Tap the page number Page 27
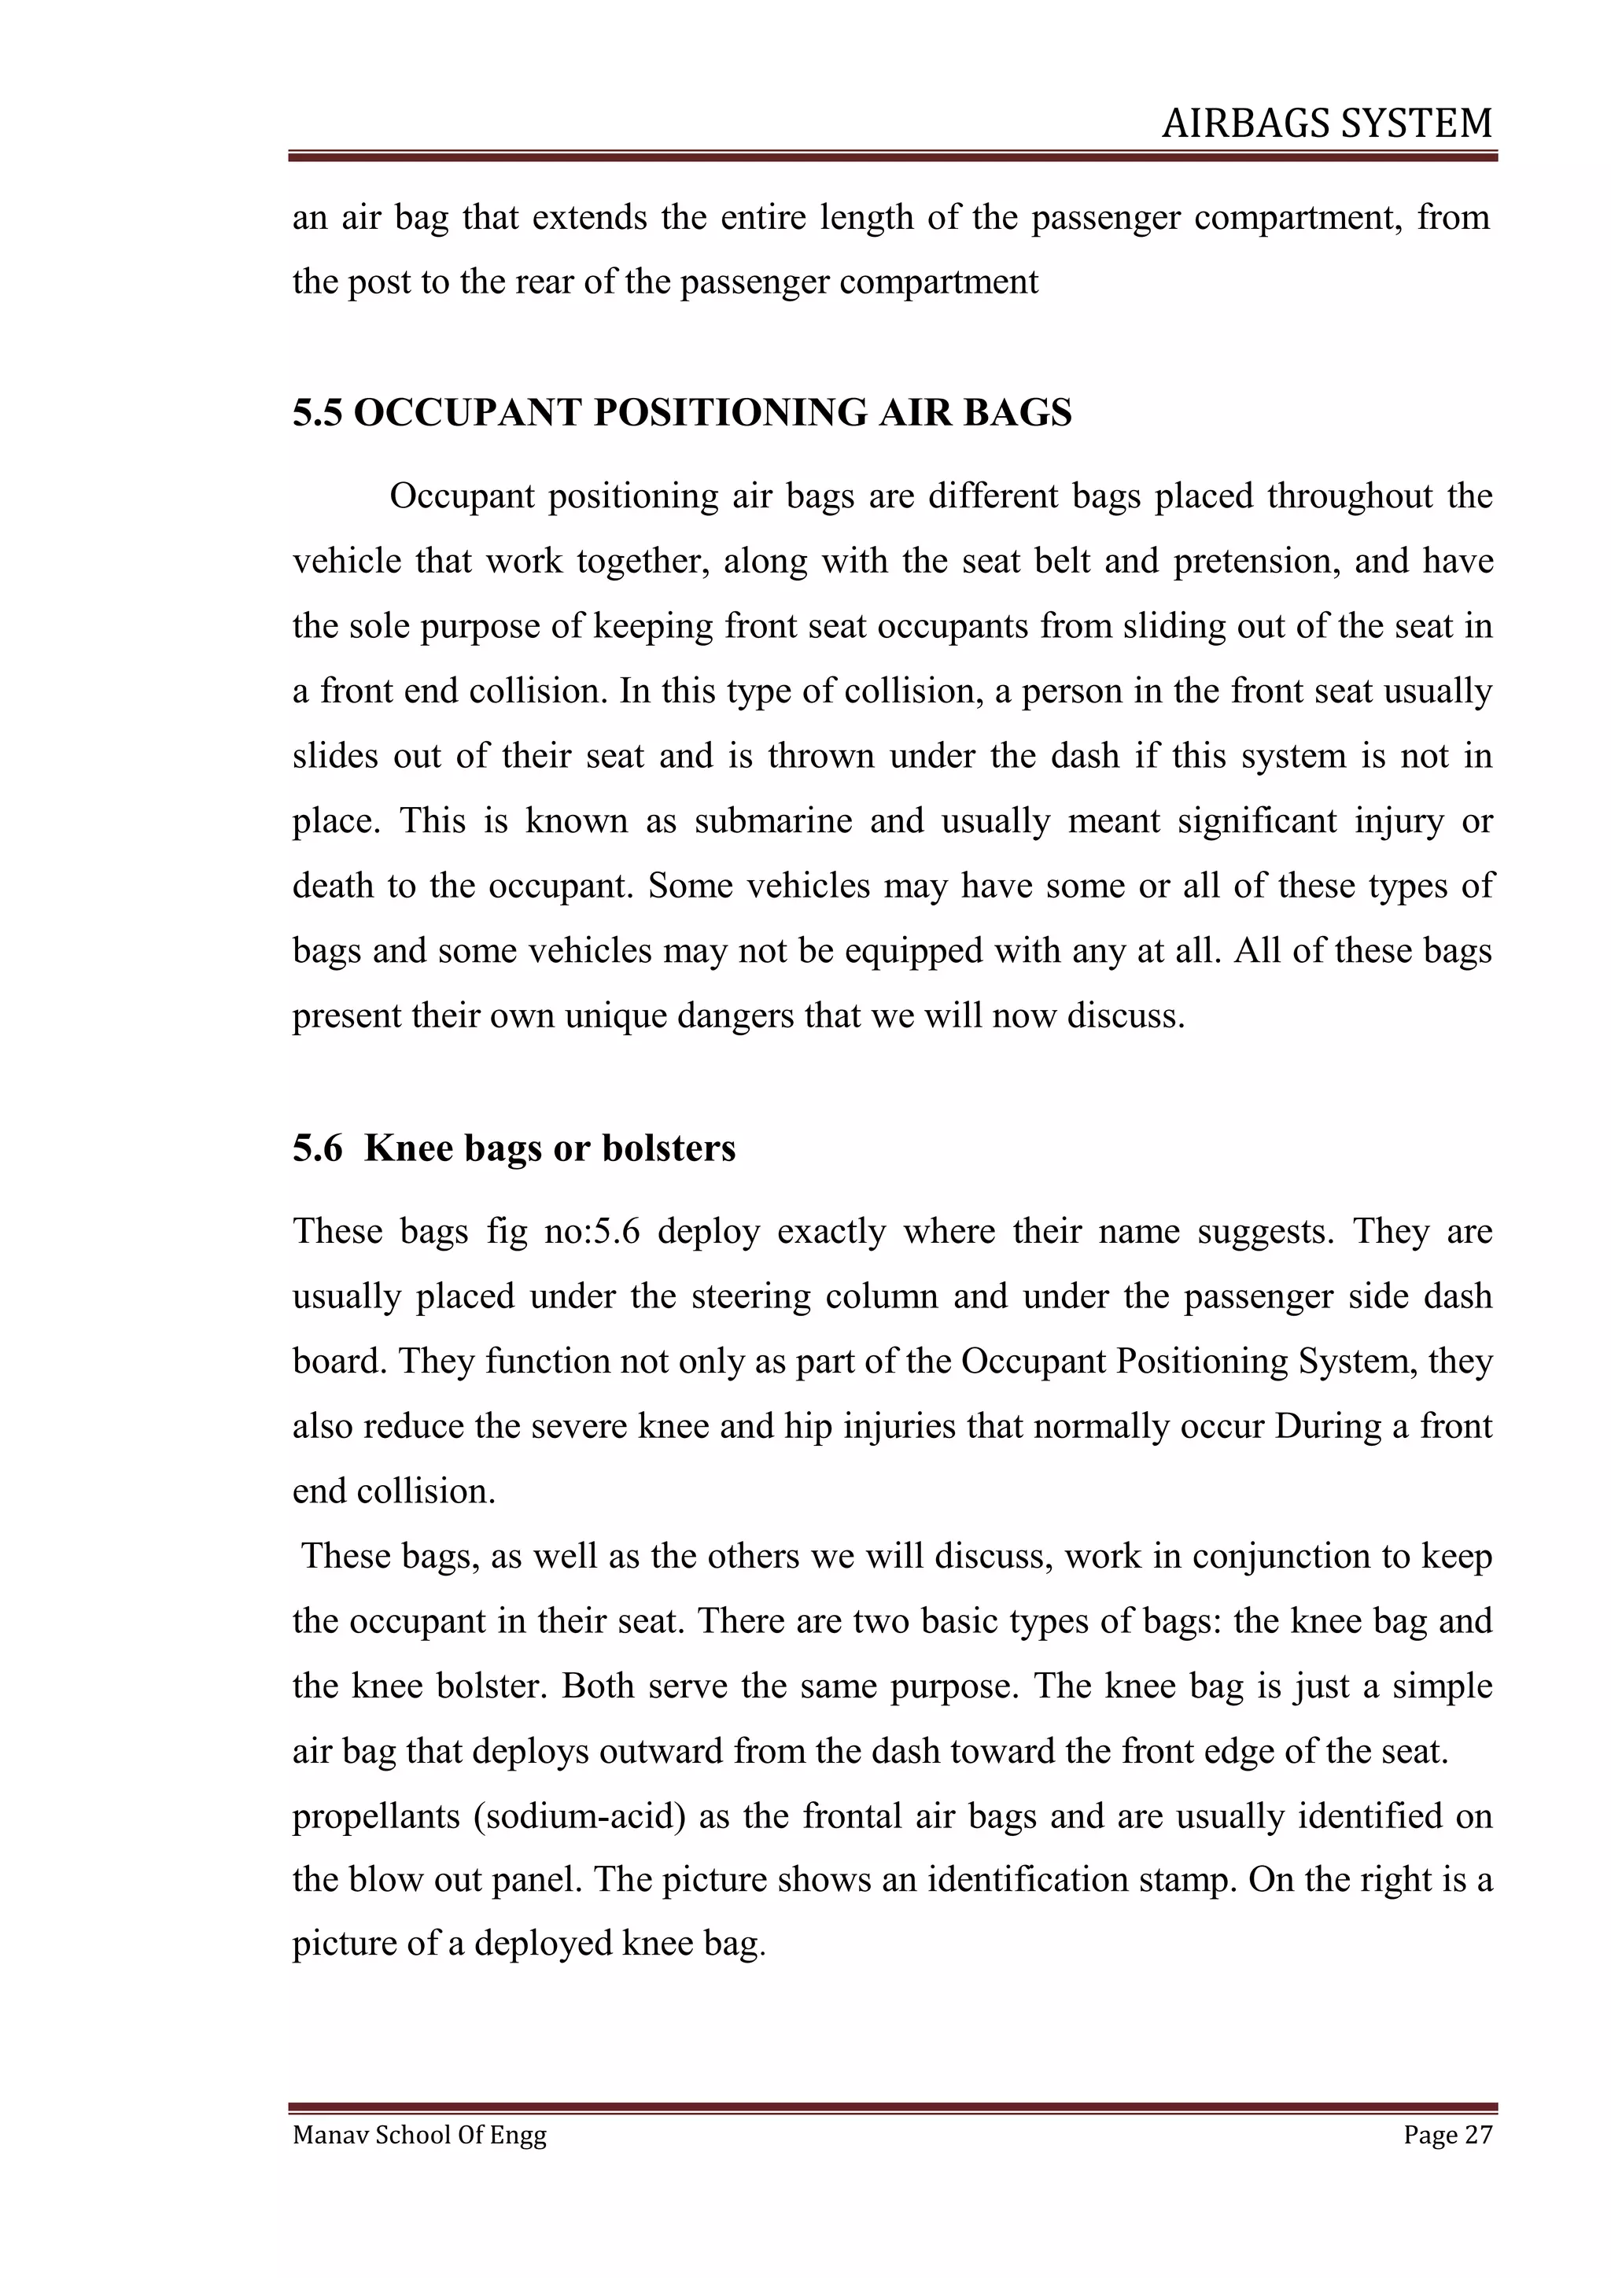1447,2162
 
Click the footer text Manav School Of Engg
418,2162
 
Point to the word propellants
375,1816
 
